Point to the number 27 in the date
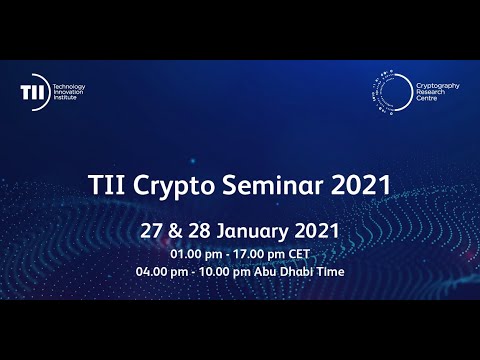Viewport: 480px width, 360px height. click(152, 229)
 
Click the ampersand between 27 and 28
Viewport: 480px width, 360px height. click(176, 229)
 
